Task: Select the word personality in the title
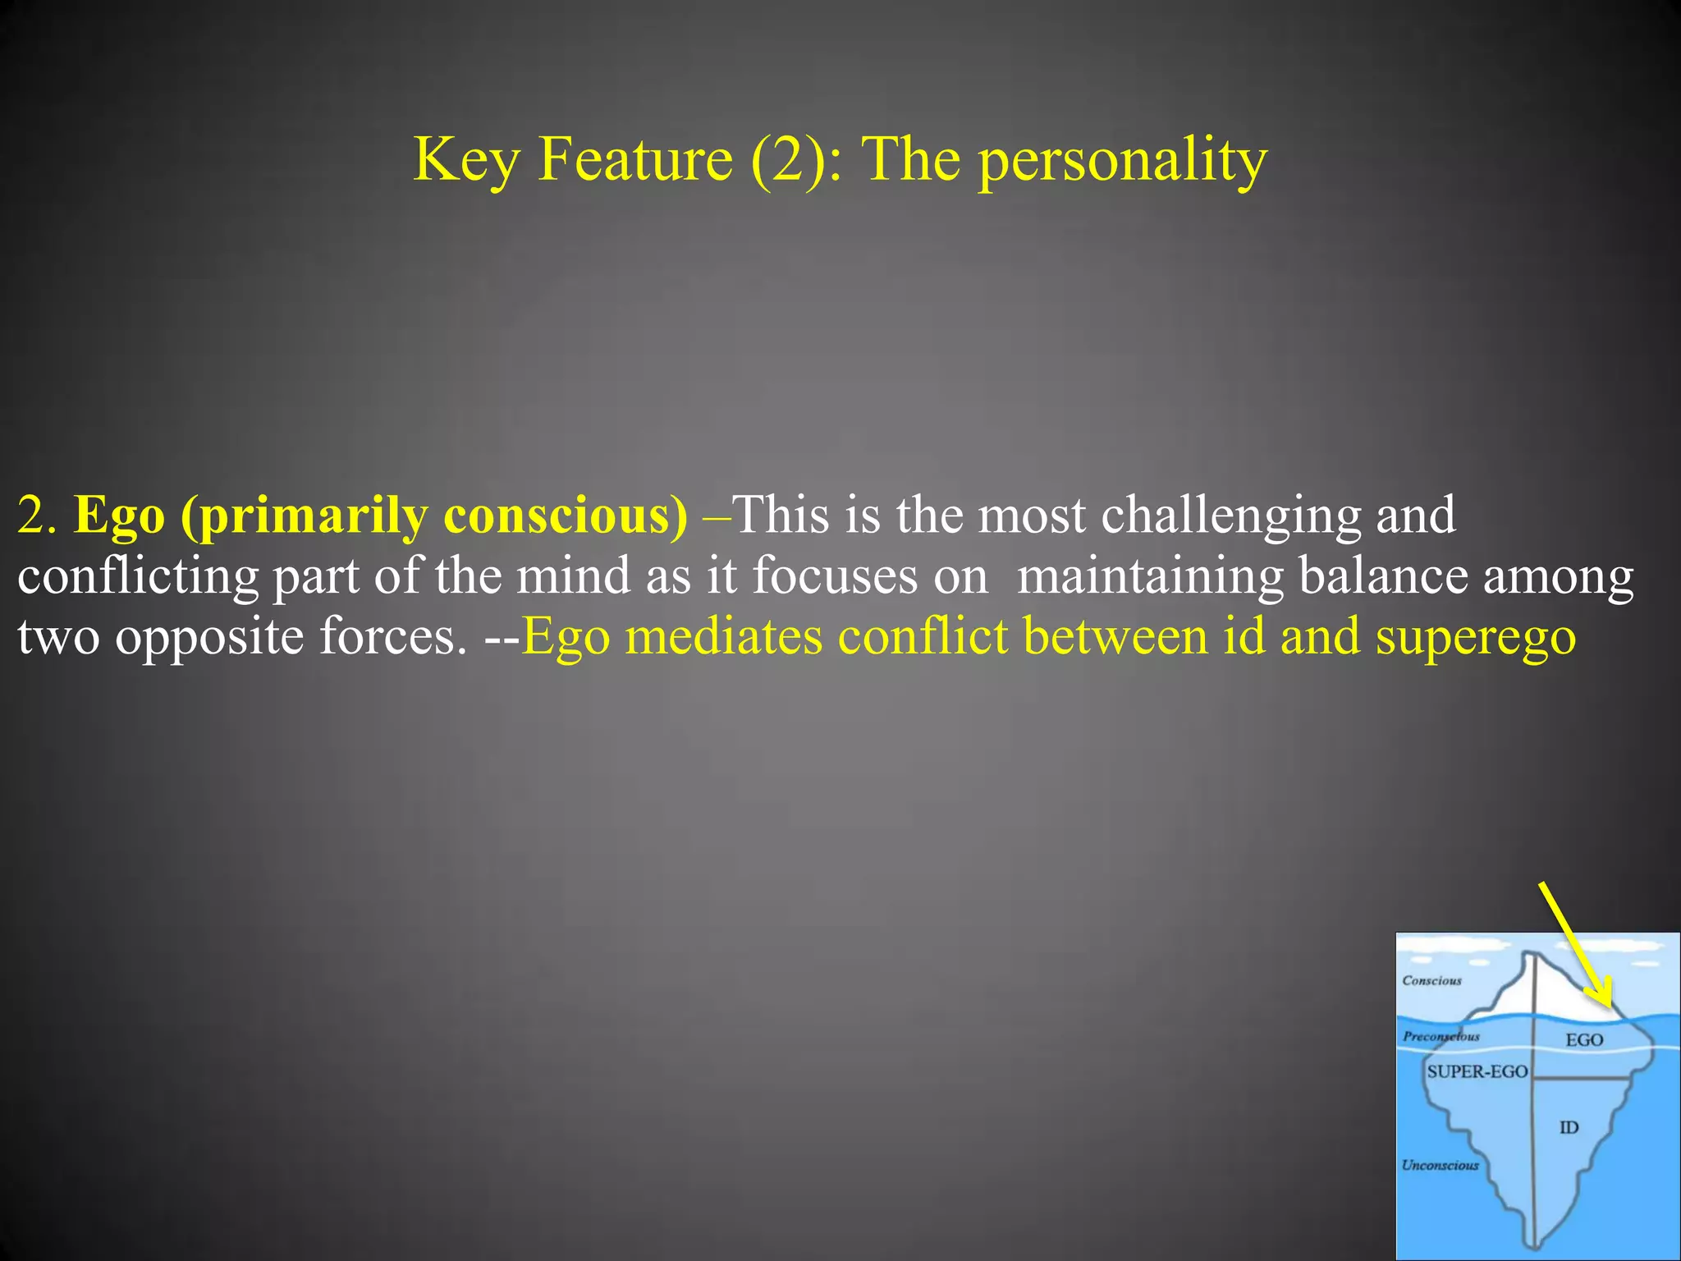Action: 1123,161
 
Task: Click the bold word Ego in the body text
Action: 120,517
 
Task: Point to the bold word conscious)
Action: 566,517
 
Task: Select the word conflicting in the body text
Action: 138,576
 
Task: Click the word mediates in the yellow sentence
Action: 723,637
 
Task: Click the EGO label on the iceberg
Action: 1584,1040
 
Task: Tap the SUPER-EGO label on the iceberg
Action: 1477,1072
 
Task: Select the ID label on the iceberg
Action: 1569,1128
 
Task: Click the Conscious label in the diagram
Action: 1432,981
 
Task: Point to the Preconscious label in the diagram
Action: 1441,1037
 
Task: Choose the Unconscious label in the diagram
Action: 1440,1166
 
